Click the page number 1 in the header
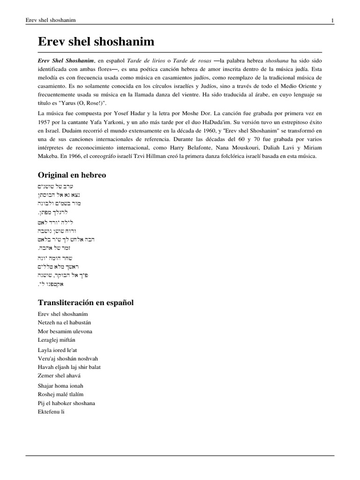[x=332, y=20]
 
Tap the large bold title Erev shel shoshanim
[x=96, y=42]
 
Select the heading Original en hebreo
[x=72, y=175]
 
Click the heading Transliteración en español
[x=85, y=302]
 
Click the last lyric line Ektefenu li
[x=51, y=412]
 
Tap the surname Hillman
[x=166, y=157]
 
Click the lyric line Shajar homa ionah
[x=60, y=385]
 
